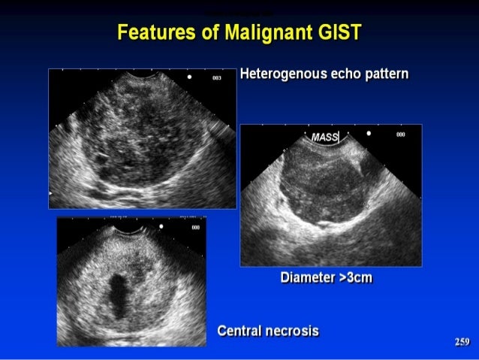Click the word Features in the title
151,33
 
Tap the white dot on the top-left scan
190,77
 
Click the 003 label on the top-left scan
217,77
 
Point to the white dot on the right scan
368,133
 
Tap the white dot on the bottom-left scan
161,225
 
